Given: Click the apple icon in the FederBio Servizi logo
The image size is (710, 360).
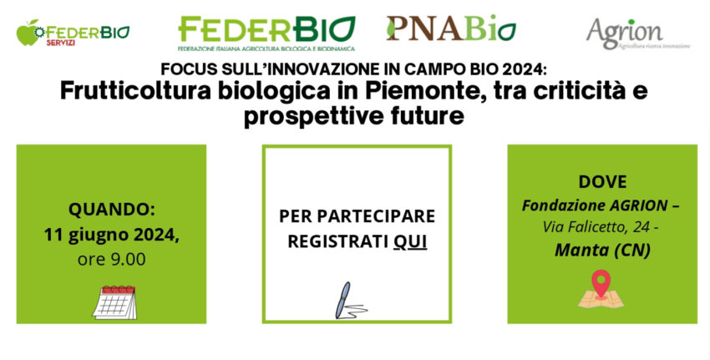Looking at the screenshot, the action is (x=28, y=33).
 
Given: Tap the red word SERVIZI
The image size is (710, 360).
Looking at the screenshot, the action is (x=61, y=43).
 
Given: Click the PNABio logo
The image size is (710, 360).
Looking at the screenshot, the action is (x=451, y=28).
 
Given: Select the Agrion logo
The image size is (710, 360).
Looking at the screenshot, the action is (x=638, y=33).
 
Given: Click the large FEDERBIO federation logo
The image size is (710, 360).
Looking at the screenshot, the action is (x=266, y=33).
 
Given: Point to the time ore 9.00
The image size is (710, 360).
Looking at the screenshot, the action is (x=111, y=260).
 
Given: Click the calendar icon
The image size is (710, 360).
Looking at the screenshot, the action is (x=114, y=302).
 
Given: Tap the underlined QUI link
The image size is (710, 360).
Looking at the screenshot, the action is (x=410, y=242).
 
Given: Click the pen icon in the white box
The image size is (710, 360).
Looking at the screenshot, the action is (x=351, y=300).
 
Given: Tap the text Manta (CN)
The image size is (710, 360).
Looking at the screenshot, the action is (x=603, y=250).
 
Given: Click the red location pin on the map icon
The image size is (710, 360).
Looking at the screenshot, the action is (x=601, y=283).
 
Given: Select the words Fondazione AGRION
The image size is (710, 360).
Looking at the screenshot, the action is (x=595, y=205).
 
